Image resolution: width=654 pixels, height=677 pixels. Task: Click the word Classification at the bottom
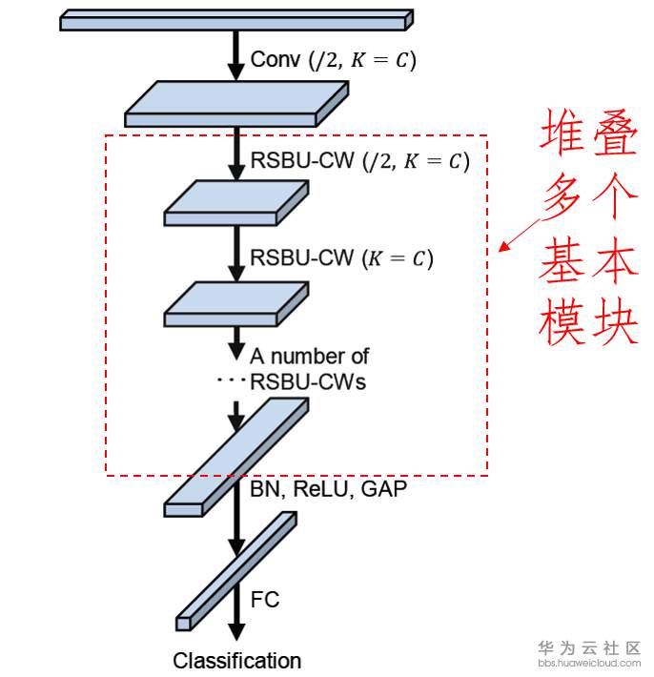click(237, 661)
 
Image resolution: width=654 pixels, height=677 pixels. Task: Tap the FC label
click(265, 600)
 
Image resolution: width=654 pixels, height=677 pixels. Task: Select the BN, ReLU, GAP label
click(328, 489)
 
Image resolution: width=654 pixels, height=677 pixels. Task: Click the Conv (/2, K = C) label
click(334, 59)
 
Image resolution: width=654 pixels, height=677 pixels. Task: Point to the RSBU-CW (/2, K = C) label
click(359, 161)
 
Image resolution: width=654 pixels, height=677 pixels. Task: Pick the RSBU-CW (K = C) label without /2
click(341, 258)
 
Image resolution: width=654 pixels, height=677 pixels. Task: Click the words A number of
click(309, 357)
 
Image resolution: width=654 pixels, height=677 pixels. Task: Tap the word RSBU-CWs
click(308, 382)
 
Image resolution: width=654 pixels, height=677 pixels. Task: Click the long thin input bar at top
click(236, 20)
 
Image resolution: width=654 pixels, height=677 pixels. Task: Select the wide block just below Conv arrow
click(236, 104)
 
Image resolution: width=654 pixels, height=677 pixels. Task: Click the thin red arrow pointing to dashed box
click(520, 235)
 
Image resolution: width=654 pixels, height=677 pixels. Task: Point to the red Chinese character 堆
click(562, 133)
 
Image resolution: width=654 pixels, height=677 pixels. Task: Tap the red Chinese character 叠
click(615, 133)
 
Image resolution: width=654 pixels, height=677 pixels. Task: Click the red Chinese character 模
click(562, 321)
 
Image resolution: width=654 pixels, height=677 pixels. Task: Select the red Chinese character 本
click(615, 260)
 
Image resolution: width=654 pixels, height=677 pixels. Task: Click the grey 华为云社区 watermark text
click(589, 647)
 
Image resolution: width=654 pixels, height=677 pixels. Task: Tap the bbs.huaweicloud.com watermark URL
click(589, 663)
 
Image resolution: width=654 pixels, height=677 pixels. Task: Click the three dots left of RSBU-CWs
click(231, 380)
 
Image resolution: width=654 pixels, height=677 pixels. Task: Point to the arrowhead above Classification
click(236, 631)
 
